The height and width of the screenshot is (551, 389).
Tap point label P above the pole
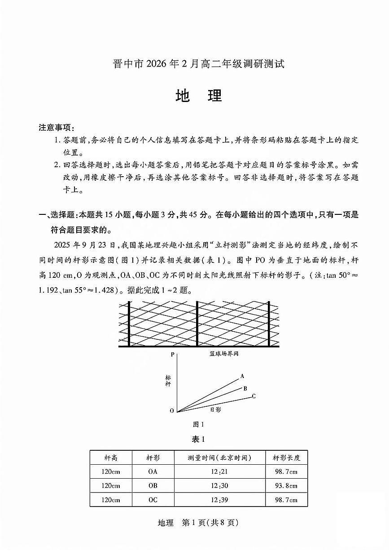(x=172, y=355)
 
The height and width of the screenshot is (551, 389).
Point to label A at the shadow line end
(x=242, y=376)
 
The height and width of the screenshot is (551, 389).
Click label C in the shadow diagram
(x=254, y=396)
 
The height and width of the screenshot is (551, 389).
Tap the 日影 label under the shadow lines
(x=215, y=409)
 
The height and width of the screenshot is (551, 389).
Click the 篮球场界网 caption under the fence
(x=224, y=354)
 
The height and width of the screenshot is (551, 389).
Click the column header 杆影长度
(x=286, y=458)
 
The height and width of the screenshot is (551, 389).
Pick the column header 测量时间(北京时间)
(x=219, y=458)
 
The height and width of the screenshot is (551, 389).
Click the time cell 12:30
(x=219, y=486)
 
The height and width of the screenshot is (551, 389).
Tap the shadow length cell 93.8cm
(x=286, y=486)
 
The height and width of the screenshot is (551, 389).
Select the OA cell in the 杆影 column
(x=153, y=472)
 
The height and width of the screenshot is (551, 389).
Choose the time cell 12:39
(x=219, y=500)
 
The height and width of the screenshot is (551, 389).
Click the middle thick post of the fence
(x=197, y=324)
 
